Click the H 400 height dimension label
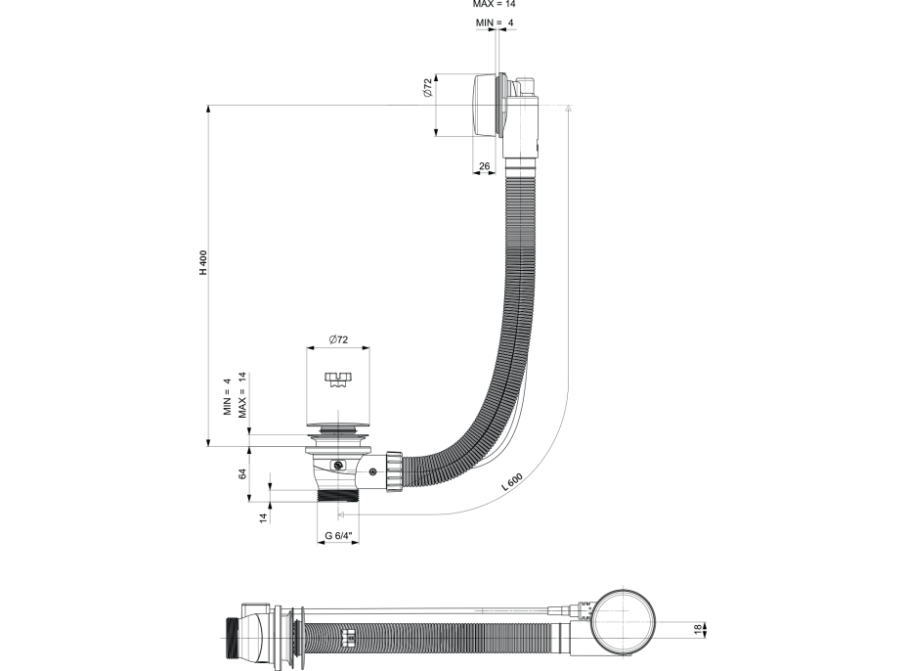click(x=203, y=263)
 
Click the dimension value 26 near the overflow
click(x=484, y=166)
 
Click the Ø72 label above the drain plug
click(x=337, y=338)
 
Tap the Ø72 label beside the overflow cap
click(x=427, y=89)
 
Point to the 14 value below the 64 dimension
click(x=263, y=516)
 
